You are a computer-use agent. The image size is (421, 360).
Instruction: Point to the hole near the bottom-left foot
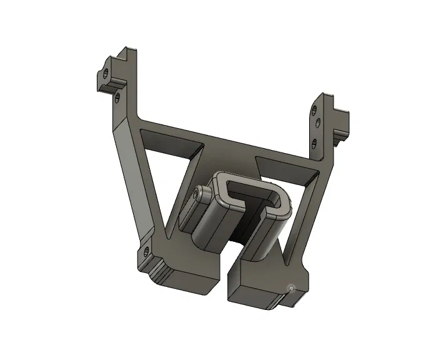146,252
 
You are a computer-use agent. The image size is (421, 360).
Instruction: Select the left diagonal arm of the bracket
134,181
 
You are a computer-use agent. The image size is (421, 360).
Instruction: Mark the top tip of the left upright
130,49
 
